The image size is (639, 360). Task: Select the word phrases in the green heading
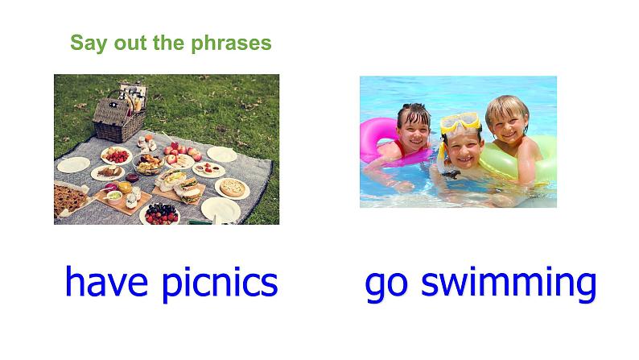(x=231, y=43)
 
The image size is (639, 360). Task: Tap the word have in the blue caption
(x=106, y=281)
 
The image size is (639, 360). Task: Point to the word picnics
(x=220, y=283)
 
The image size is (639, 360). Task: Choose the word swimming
(x=509, y=283)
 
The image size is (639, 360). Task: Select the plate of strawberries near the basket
(x=117, y=155)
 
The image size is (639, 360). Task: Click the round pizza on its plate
(x=233, y=188)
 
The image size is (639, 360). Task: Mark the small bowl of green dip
(x=114, y=197)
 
